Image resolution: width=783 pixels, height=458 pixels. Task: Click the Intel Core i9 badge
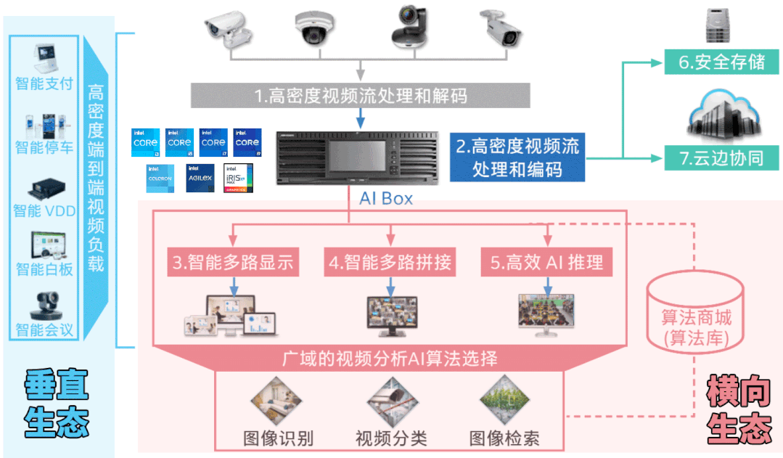[247, 143]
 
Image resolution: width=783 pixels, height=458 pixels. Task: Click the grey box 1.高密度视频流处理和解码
[361, 95]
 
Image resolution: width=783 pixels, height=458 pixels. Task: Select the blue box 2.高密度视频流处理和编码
[517, 157]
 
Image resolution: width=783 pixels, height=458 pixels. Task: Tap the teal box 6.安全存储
[721, 62]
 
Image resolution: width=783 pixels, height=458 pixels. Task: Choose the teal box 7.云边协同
[721, 158]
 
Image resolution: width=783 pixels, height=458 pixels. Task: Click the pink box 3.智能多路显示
[233, 263]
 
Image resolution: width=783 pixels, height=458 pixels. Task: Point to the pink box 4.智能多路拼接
[390, 263]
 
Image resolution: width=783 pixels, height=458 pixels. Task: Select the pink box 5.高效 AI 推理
[546, 263]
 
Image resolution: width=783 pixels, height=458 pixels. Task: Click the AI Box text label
[386, 197]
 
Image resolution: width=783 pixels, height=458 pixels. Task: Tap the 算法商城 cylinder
[695, 319]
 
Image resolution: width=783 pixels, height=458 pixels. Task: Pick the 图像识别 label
[278, 438]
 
